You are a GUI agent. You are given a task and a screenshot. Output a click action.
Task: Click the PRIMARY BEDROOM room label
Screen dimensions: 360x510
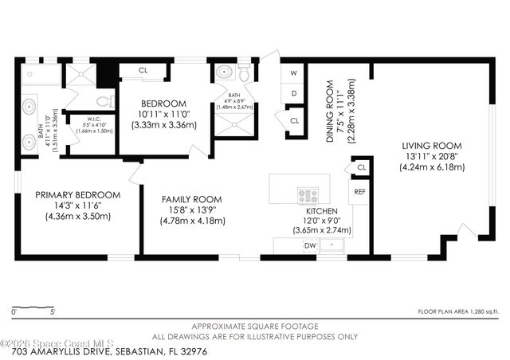(x=77, y=194)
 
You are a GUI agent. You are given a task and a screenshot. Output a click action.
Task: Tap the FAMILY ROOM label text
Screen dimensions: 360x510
(x=191, y=199)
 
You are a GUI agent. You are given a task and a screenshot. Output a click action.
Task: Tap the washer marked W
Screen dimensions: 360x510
(x=293, y=72)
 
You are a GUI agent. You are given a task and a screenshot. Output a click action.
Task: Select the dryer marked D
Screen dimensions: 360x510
(x=293, y=94)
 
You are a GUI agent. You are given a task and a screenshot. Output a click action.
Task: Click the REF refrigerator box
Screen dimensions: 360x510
(x=360, y=192)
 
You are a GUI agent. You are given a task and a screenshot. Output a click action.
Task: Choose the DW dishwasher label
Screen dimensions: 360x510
(x=309, y=245)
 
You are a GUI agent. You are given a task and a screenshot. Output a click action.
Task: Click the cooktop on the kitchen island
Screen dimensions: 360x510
(x=308, y=194)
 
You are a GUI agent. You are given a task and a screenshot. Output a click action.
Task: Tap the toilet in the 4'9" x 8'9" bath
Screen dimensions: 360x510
(x=245, y=74)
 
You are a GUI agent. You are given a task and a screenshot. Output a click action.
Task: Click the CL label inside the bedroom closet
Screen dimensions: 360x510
(x=143, y=70)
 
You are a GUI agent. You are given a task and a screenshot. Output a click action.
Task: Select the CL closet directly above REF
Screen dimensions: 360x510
(x=361, y=167)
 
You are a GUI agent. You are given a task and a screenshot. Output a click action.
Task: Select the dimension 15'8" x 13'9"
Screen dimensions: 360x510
(x=191, y=209)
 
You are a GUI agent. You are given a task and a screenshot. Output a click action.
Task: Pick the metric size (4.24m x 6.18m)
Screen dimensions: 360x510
(x=431, y=167)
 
